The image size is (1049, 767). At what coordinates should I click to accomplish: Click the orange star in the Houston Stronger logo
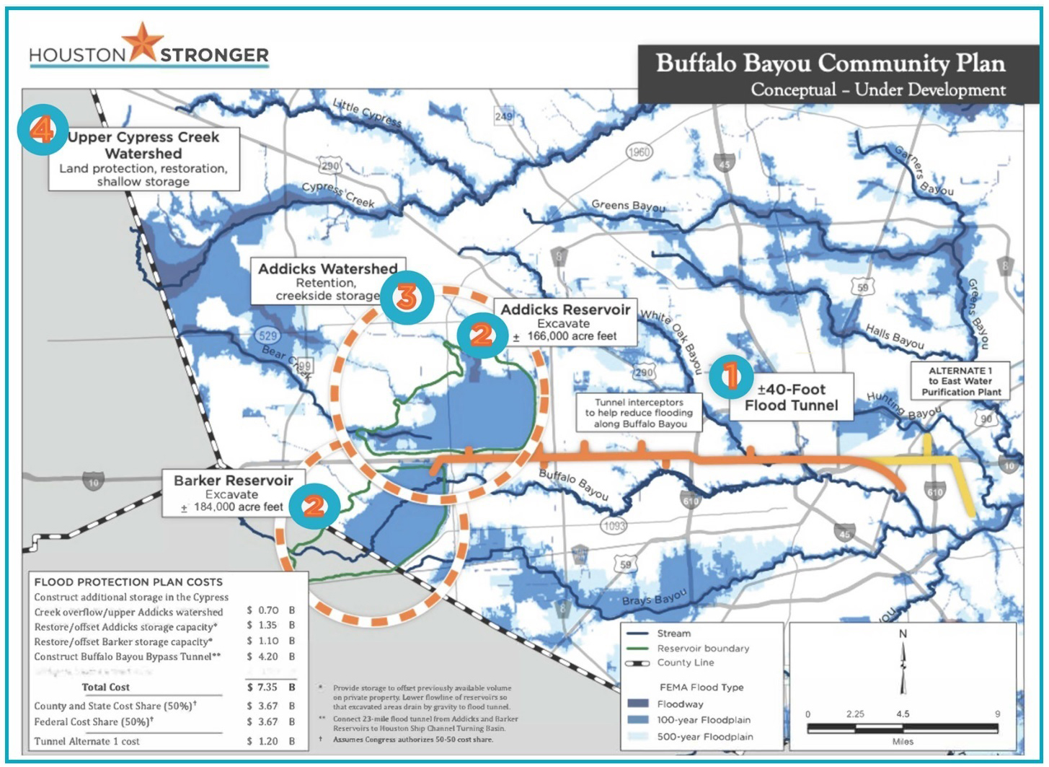tap(143, 42)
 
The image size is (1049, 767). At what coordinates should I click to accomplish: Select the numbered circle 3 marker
tap(407, 296)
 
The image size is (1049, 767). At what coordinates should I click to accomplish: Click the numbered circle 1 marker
tap(731, 376)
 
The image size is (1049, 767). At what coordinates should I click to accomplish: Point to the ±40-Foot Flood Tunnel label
tap(791, 397)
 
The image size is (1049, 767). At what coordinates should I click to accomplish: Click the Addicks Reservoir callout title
tap(565, 310)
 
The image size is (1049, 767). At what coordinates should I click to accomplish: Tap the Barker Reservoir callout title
tap(233, 481)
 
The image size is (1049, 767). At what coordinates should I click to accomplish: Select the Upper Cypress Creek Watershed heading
tap(143, 144)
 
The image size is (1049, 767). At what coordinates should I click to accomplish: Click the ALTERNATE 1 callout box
tap(960, 381)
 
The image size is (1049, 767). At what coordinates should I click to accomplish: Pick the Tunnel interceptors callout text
tap(639, 413)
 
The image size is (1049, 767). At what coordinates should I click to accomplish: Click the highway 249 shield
tap(503, 117)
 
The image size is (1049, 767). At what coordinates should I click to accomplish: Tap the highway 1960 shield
tap(639, 152)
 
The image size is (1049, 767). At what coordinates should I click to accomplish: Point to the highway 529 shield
tap(267, 336)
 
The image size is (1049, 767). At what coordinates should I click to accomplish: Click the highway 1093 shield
tap(614, 526)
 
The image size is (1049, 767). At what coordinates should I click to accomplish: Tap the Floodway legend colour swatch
tap(638, 704)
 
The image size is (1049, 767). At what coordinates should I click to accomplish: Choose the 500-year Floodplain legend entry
tap(704, 737)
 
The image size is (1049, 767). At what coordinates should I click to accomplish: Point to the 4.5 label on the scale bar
tap(903, 714)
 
